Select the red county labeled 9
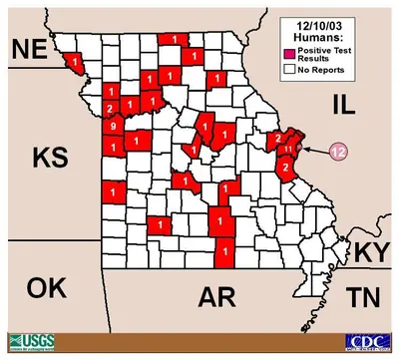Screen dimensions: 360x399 point(115,126)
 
